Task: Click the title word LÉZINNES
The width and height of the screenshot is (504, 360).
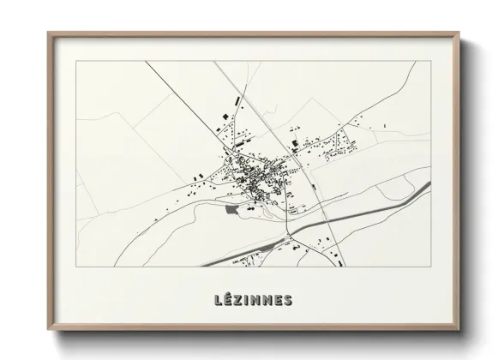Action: click(253, 300)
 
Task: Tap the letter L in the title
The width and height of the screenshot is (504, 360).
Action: click(218, 300)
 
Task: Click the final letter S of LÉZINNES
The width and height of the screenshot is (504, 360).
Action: click(288, 300)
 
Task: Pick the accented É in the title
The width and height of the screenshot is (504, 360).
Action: click(228, 299)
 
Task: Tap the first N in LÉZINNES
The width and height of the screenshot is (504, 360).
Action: click(258, 300)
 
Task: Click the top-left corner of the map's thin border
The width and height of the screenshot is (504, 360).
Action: click(76, 62)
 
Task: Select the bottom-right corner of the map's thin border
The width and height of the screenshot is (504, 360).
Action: click(430, 267)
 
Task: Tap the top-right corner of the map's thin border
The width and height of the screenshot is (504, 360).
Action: click(430, 62)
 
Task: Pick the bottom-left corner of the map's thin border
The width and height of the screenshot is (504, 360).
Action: click(76, 267)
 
